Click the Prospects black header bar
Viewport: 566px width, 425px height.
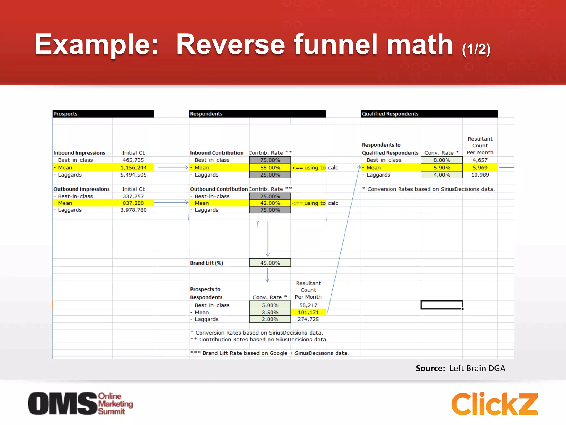(103, 114)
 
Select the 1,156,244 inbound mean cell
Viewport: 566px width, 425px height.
(133, 167)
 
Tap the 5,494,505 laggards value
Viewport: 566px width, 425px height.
(133, 175)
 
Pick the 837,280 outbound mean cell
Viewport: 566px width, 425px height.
(133, 203)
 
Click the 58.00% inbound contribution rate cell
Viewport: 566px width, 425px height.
(270, 167)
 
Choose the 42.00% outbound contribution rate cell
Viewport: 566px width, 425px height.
(270, 203)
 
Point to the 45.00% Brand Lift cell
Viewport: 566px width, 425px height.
(270, 263)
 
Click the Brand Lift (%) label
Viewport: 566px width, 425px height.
(206, 263)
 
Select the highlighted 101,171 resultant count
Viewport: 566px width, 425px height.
(308, 312)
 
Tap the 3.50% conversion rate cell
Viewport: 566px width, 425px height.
(270, 312)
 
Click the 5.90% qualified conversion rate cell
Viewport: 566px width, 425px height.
(442, 167)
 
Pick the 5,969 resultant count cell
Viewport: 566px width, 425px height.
(480, 167)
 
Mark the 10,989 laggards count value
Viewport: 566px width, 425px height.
(480, 175)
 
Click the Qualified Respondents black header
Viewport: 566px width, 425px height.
(429, 114)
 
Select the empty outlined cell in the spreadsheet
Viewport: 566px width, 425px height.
(442, 305)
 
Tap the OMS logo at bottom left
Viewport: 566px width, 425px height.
(80, 403)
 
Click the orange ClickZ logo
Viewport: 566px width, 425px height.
(494, 404)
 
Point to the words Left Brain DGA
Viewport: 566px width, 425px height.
(477, 368)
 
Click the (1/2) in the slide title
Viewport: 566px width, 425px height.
(476, 49)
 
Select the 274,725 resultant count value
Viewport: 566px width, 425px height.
(308, 319)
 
